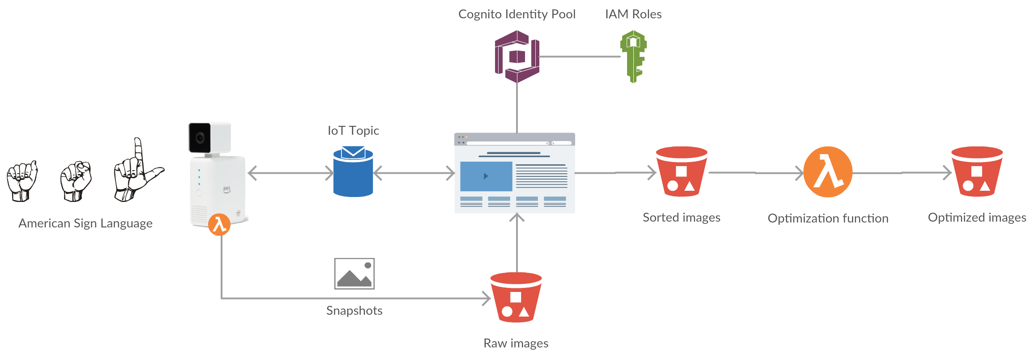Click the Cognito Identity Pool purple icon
click(517, 57)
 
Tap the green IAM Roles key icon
click(633, 56)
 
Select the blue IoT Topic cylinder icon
click(353, 172)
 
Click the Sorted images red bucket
click(681, 172)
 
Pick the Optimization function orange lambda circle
click(828, 172)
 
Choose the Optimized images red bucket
click(977, 172)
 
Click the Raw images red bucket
click(516, 298)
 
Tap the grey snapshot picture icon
click(354, 274)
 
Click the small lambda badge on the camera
click(219, 224)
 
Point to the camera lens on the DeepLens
click(200, 138)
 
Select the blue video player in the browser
click(486, 176)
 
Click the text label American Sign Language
click(85, 223)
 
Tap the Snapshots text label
click(354, 310)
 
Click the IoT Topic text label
click(353, 130)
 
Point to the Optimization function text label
click(828, 219)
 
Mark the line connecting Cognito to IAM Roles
click(580, 57)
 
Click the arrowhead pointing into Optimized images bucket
click(947, 173)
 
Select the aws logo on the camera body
click(227, 189)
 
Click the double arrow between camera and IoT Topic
click(290, 173)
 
